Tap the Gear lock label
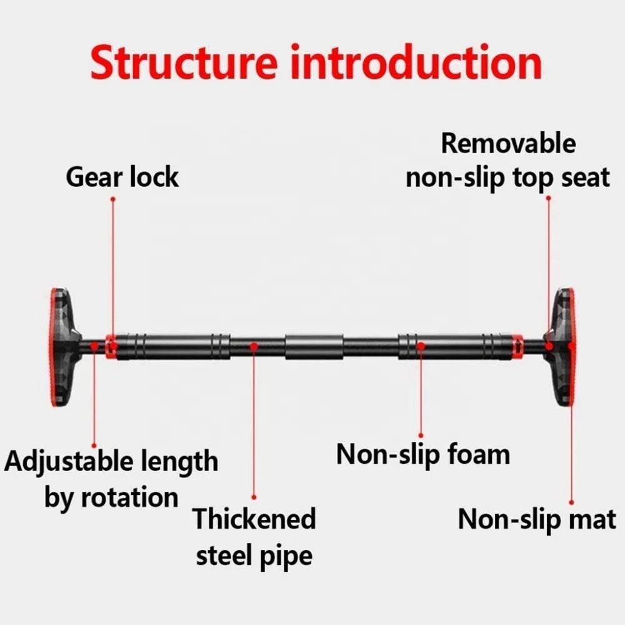point(122,177)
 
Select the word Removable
point(507,143)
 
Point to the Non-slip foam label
point(423,454)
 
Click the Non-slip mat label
point(537,519)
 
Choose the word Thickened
point(254,519)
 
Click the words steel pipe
point(254,555)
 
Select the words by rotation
point(111,498)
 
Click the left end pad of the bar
point(62,347)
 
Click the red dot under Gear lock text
point(113,199)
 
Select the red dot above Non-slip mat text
point(571,501)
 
